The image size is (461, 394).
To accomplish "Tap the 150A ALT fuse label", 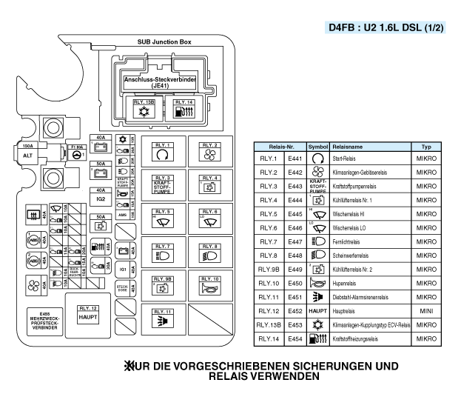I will point(28,152).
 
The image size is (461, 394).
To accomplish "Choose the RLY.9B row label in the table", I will point(268,268).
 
